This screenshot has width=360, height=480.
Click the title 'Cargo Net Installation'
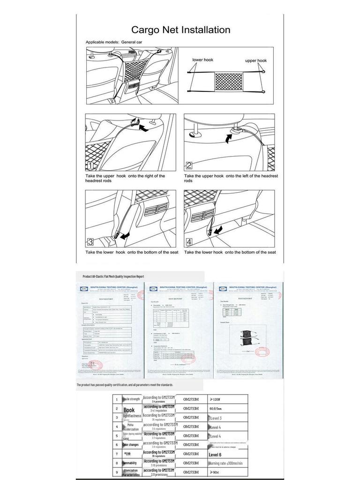click(180, 30)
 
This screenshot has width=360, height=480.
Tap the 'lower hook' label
click(203, 60)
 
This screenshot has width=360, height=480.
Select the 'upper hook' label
click(255, 60)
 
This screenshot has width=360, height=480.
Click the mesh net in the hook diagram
click(228, 81)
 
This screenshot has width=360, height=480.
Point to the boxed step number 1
click(90, 165)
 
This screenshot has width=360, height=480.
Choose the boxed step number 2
click(189, 165)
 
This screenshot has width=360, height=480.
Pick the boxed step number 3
click(90, 242)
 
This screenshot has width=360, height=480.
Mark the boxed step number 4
click(189, 242)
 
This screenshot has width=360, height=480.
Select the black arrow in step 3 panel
click(124, 237)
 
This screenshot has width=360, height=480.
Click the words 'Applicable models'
click(102, 42)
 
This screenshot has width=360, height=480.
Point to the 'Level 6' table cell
click(215, 455)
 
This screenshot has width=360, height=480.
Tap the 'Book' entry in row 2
click(129, 410)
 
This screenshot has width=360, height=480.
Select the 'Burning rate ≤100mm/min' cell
click(226, 463)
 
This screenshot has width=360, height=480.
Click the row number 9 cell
click(117, 472)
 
